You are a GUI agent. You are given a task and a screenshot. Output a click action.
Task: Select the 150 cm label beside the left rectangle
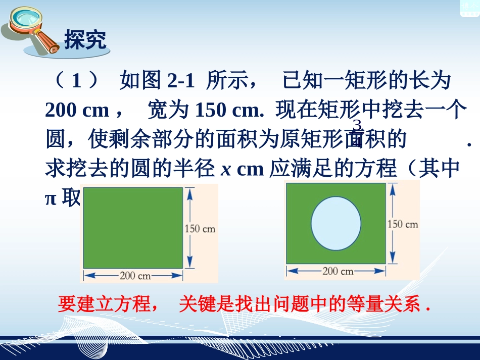pos(200,228)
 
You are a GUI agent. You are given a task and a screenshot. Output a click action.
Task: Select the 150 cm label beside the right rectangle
pos(403,224)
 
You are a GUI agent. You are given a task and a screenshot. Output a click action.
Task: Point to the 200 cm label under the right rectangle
pos(338,271)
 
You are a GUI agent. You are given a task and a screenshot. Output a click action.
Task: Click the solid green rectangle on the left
pos(133,227)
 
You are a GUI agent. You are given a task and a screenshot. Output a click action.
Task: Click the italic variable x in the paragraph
pos(226,169)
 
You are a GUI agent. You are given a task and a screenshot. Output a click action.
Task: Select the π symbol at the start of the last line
pos(51,198)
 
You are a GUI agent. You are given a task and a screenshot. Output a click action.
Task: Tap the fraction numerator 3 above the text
pos(357,125)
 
